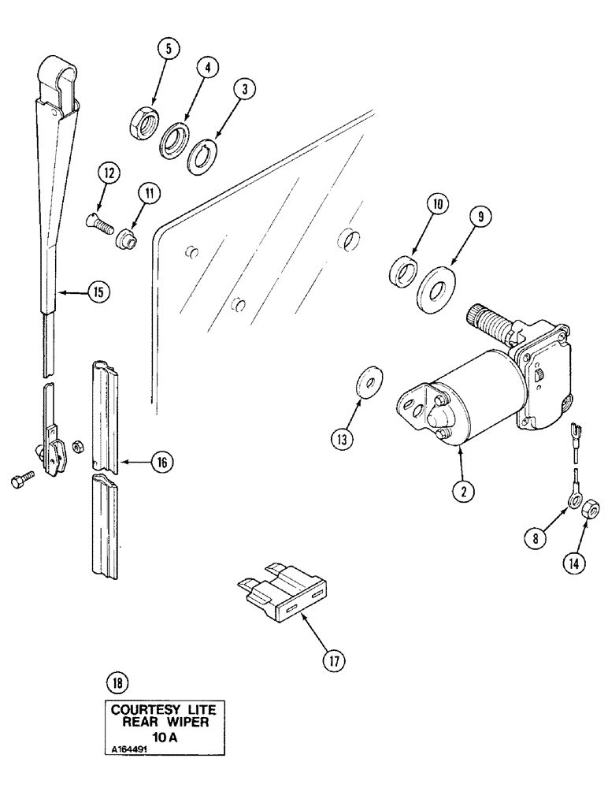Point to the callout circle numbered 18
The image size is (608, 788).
click(x=119, y=682)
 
